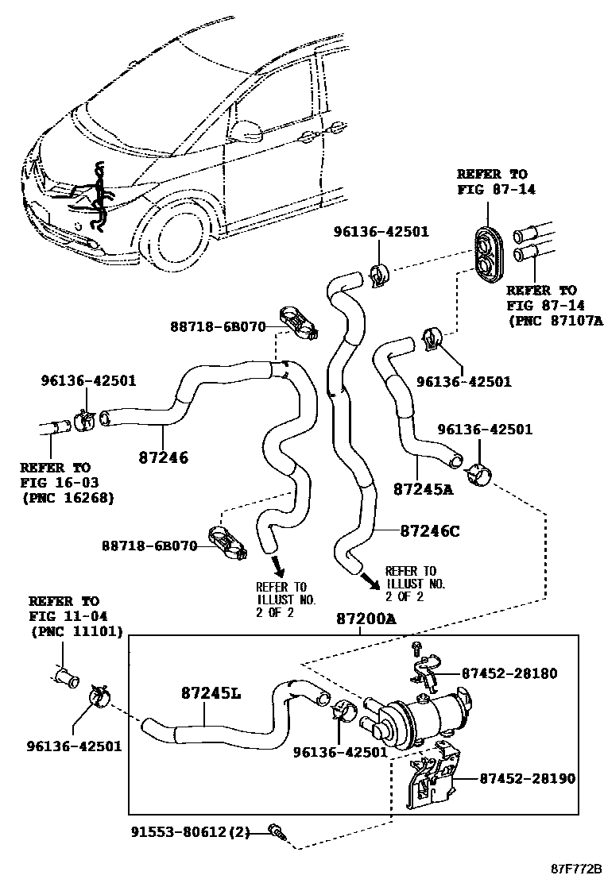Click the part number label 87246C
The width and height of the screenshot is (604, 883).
pos(429,531)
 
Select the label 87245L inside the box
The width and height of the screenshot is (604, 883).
pos(209,693)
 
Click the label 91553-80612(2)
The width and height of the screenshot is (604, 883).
pos(192,832)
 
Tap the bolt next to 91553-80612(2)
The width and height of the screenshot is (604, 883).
pos(277,832)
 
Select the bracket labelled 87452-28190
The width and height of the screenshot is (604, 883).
pos(431,783)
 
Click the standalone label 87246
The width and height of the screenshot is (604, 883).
pos(163,457)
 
